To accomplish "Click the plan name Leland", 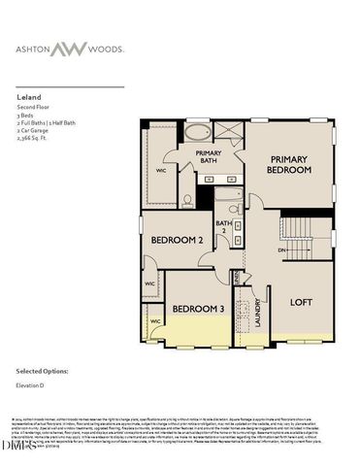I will coord(27,98).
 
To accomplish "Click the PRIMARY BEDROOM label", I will coord(290,164).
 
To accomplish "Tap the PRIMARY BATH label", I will coord(209,157).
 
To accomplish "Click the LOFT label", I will coord(302,302).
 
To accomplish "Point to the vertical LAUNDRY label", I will coord(258,313).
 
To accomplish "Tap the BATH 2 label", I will coord(224,227).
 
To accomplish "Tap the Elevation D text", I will coord(34,387).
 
